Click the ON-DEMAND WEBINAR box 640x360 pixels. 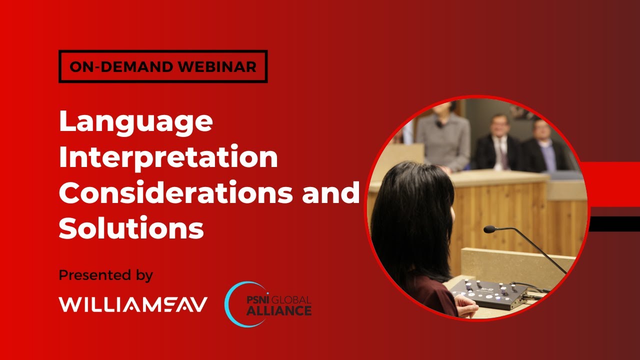click(x=163, y=66)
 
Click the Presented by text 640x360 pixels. click(x=106, y=275)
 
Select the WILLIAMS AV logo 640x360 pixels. click(x=133, y=304)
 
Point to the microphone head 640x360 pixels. click(x=489, y=229)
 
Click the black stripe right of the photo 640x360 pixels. click(x=614, y=223)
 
